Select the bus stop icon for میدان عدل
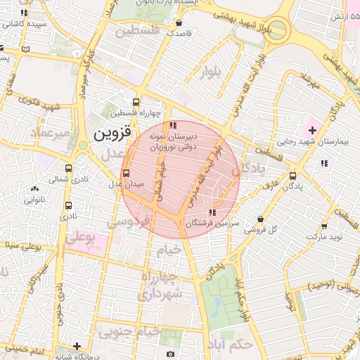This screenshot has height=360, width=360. click(x=127, y=172)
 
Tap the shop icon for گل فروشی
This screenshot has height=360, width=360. click(x=261, y=219)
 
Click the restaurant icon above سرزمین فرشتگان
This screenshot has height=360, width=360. click(x=212, y=212)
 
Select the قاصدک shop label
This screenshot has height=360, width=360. click(x=179, y=32)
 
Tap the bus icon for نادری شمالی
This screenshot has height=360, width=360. click(x=68, y=169)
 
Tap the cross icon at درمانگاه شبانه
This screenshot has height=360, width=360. click(x=77, y=346)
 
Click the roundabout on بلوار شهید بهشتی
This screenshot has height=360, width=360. click(x=276, y=30)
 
